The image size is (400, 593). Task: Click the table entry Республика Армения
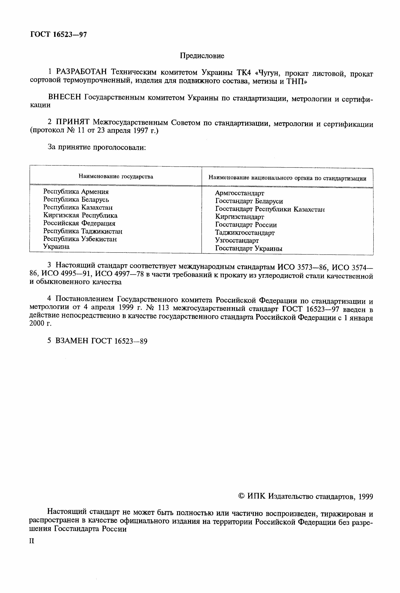[76, 191]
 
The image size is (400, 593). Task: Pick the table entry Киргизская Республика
[80, 215]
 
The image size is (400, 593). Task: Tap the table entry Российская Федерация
[79, 223]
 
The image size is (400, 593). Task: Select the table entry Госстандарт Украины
[249, 248]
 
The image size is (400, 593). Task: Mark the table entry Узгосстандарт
[237, 241]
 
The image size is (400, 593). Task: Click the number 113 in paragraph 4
[164, 309]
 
